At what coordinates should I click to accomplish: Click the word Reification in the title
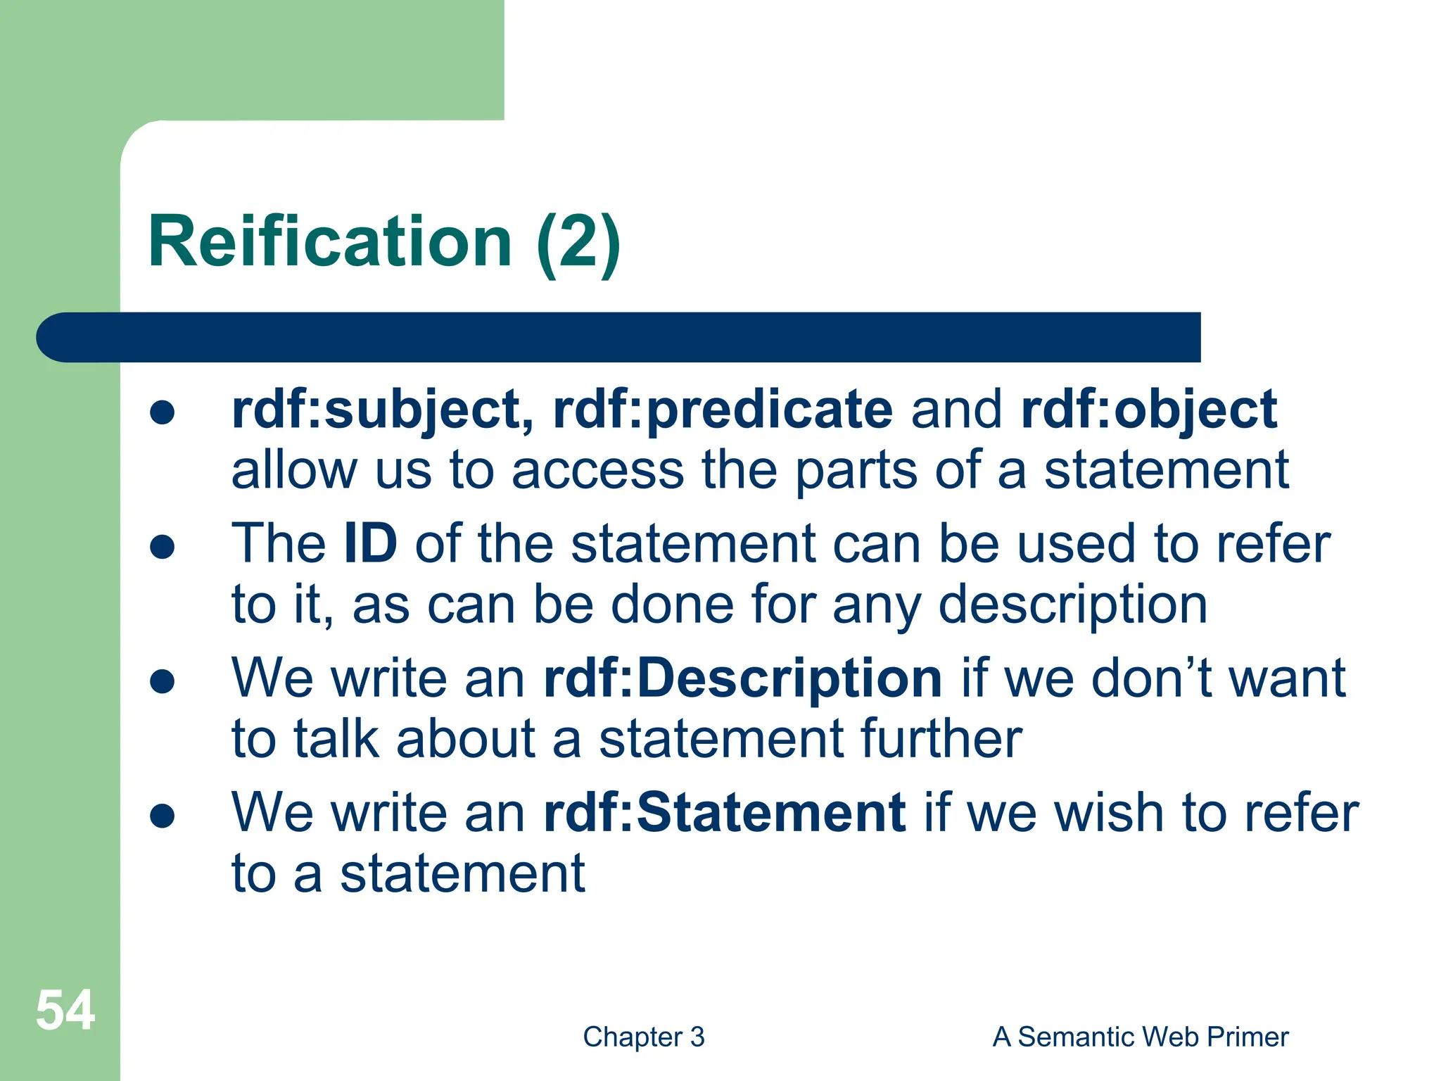[x=330, y=241]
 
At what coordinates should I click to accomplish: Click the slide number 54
[x=65, y=1011]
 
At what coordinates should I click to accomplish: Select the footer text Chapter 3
[x=643, y=1037]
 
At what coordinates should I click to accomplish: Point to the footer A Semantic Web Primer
[x=1140, y=1037]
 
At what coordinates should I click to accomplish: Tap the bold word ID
[x=371, y=543]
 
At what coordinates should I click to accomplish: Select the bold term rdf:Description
[x=742, y=678]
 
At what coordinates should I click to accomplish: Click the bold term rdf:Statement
[x=725, y=812]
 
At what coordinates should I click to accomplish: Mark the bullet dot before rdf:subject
[x=163, y=413]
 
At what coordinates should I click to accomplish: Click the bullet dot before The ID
[x=163, y=547]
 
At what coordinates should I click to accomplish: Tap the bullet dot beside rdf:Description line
[x=163, y=681]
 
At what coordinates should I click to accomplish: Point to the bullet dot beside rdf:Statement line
[x=163, y=816]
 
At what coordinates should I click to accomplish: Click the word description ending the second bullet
[x=1072, y=605]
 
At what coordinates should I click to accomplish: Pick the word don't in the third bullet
[x=1151, y=678]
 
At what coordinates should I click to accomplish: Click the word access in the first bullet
[x=597, y=471]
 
